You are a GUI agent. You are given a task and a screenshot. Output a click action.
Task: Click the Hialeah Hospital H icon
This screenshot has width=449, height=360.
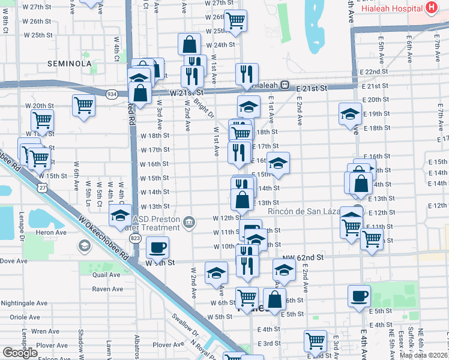pyautogui.click(x=430, y=8)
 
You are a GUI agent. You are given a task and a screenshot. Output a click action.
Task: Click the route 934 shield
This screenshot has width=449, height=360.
pyautogui.click(x=112, y=94)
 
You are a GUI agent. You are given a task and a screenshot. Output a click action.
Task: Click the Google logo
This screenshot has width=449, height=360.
pyautogui.click(x=20, y=353)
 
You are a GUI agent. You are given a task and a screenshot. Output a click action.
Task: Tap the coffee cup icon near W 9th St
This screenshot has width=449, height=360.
pyautogui.click(x=157, y=247)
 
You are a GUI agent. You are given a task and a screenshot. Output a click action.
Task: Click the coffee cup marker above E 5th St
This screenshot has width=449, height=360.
pyautogui.click(x=359, y=295)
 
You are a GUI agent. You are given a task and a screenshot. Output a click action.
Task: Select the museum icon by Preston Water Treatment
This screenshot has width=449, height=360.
pyautogui.click(x=189, y=223)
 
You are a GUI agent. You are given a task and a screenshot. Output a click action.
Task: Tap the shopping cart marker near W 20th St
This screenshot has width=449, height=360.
pyautogui.click(x=83, y=105)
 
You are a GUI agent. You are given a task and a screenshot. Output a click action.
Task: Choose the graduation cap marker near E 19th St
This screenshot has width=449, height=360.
pyautogui.click(x=350, y=113)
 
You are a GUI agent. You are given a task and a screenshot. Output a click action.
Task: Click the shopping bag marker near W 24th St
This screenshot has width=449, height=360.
pyautogui.click(x=189, y=43)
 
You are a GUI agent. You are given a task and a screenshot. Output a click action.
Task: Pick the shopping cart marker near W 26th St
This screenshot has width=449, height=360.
pyautogui.click(x=235, y=20)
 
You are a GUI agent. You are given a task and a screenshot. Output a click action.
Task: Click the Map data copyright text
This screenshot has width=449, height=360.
pyautogui.click(x=423, y=355)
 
